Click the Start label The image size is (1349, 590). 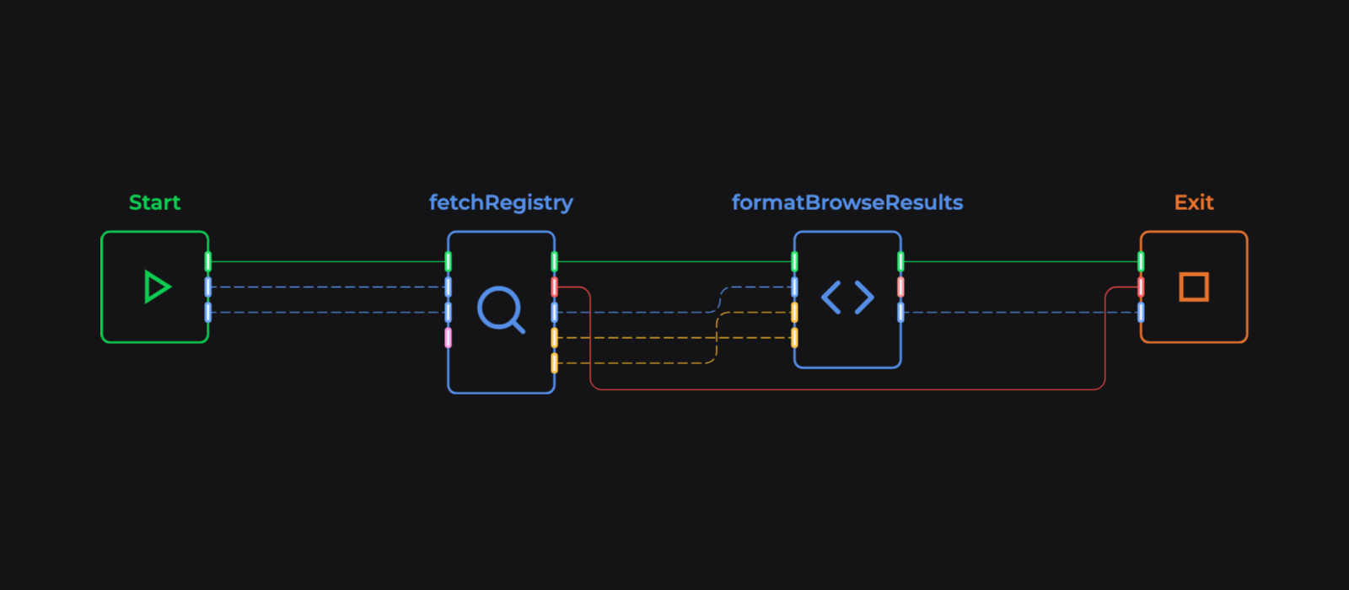pyautogui.click(x=154, y=202)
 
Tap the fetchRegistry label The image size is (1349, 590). pyautogui.click(x=501, y=202)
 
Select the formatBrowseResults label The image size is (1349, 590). pyautogui.click(x=846, y=202)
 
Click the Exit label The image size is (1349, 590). pyautogui.click(x=1194, y=202)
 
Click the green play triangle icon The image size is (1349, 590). pyautogui.click(x=156, y=287)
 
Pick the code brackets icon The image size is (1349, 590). pyautogui.click(x=847, y=298)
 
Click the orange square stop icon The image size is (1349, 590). pyautogui.click(x=1194, y=287)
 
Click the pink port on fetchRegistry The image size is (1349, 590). pyautogui.click(x=448, y=338)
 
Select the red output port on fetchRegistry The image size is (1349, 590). pyautogui.click(x=554, y=287)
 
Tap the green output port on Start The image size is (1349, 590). pyautogui.click(x=208, y=261)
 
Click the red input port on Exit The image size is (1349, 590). pyautogui.click(x=1141, y=287)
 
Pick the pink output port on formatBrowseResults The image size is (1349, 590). pyautogui.click(x=900, y=287)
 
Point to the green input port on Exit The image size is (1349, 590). pyautogui.click(x=1141, y=261)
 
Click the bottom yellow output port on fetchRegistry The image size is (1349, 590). pyautogui.click(x=554, y=363)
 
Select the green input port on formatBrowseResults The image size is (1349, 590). pyautogui.click(x=794, y=261)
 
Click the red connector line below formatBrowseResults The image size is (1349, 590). pyautogui.click(x=847, y=389)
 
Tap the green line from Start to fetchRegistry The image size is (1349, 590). pyautogui.click(x=329, y=261)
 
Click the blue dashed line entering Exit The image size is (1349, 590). pyautogui.click(x=1020, y=313)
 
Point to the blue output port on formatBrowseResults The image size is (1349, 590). pyautogui.click(x=900, y=313)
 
